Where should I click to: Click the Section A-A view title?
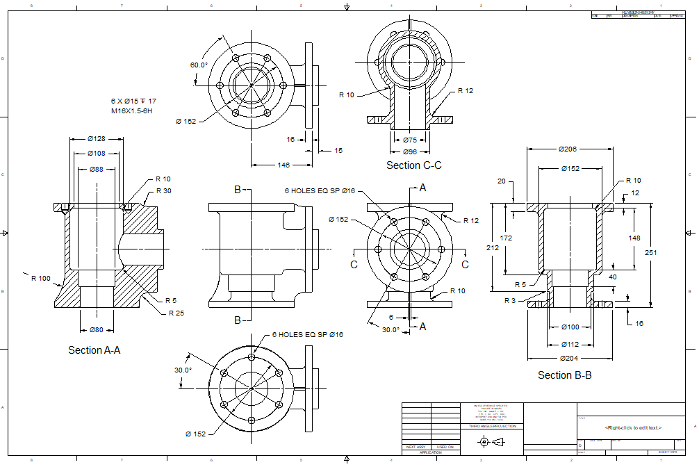94,350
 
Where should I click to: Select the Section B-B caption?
564,375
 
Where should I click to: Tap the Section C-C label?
414,165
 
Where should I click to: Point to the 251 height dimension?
650,252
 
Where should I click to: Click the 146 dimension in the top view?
283,165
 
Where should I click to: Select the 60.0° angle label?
199,65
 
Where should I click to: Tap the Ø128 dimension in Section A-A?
97,138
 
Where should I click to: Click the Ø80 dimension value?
97,329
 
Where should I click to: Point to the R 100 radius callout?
41,279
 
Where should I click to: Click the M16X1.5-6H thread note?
132,110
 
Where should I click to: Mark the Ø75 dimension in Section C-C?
410,140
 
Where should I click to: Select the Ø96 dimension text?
410,151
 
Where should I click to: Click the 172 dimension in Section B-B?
506,238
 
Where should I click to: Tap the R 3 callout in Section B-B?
511,300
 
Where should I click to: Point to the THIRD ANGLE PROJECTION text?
492,426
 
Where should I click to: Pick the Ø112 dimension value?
570,343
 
